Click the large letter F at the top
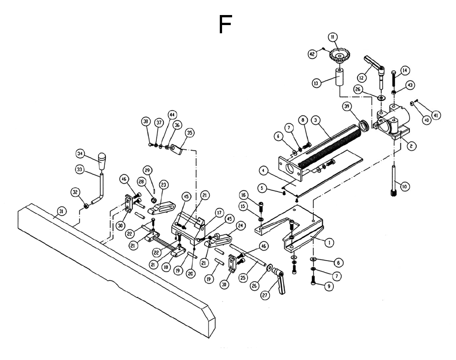tap(225, 25)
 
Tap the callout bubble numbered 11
tap(332, 37)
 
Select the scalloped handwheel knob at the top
tap(339, 56)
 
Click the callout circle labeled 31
tap(61, 211)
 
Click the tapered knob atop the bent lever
tap(102, 161)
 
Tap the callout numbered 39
tap(347, 107)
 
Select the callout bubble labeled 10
tap(404, 187)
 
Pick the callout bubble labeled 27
tap(265, 295)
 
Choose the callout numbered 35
tap(190, 133)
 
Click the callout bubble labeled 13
tap(316, 83)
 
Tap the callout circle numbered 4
tap(263, 171)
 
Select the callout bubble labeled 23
tap(164, 185)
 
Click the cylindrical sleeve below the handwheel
tap(340, 77)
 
